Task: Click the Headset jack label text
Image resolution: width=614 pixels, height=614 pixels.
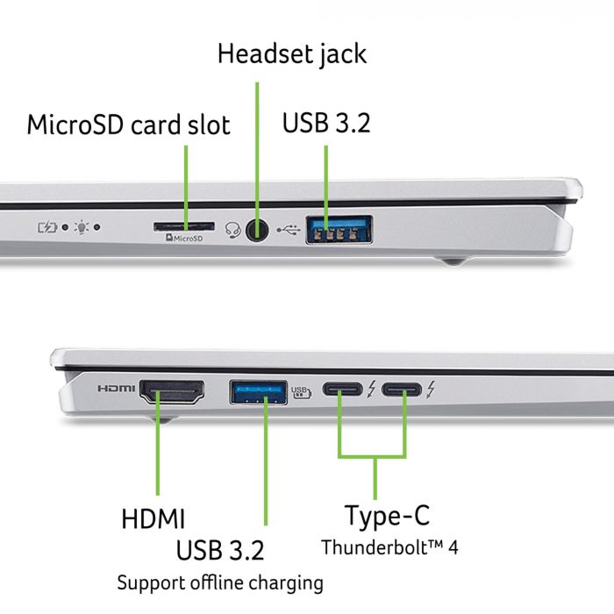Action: [x=292, y=54]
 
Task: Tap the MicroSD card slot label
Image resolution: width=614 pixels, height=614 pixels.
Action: [x=129, y=125]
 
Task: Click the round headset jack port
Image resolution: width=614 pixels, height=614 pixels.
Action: [x=256, y=230]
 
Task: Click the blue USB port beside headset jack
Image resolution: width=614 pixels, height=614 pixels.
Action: [x=339, y=231]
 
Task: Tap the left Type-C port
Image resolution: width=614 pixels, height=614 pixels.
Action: [x=341, y=389]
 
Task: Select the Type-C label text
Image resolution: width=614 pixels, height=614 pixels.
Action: [x=387, y=515]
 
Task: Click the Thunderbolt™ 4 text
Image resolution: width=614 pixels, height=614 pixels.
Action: [x=389, y=547]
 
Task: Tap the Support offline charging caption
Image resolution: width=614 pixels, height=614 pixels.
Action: [x=220, y=582]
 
